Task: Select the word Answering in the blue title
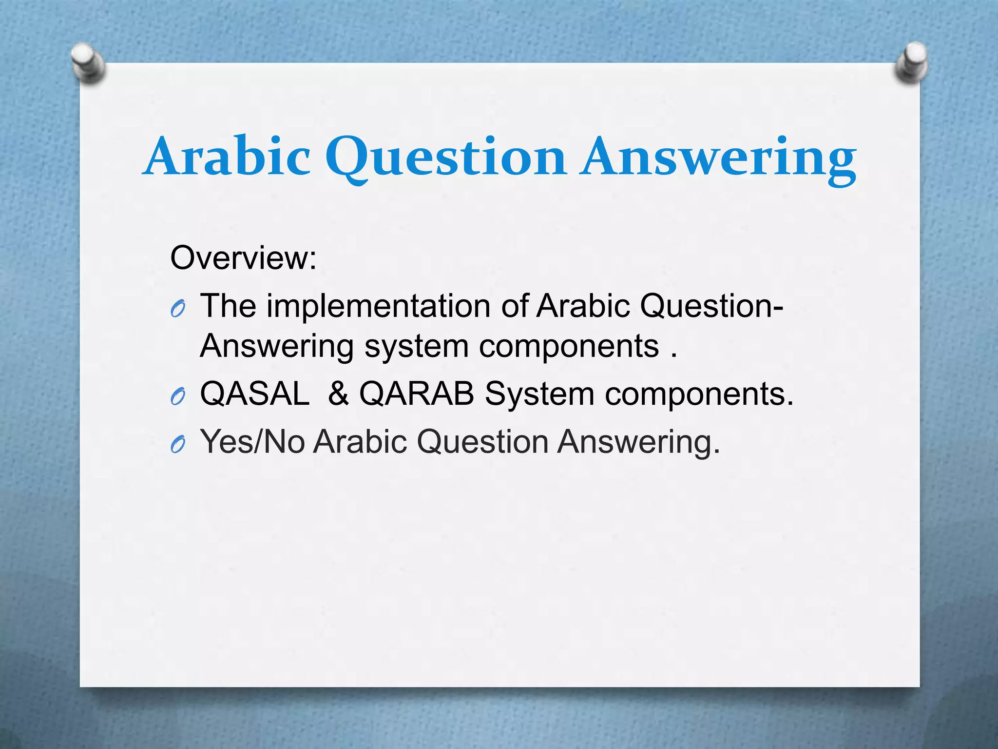pyautogui.click(x=718, y=157)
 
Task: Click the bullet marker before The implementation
pyautogui.click(x=178, y=309)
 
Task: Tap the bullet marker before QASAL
pyautogui.click(x=178, y=397)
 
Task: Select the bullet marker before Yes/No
pyautogui.click(x=178, y=444)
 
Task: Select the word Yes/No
pyautogui.click(x=253, y=441)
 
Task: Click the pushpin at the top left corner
pyautogui.click(x=88, y=62)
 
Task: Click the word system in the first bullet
pyautogui.click(x=417, y=347)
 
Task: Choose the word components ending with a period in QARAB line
pyautogui.click(x=699, y=394)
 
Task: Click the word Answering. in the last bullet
pyautogui.click(x=638, y=442)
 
